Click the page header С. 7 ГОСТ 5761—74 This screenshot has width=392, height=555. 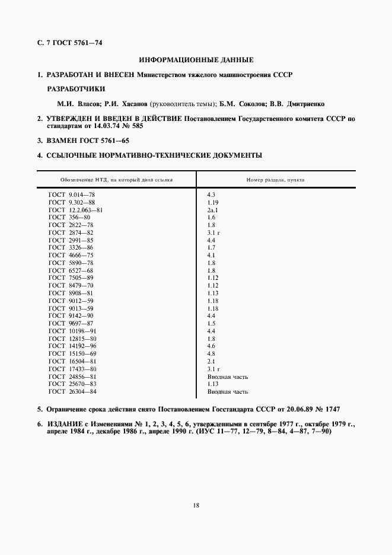point(71,43)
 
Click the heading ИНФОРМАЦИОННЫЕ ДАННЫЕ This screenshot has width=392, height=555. point(196,60)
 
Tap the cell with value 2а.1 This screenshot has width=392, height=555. point(213,210)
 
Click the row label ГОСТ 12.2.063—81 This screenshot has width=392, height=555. point(76,210)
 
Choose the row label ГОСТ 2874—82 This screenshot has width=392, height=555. point(71,232)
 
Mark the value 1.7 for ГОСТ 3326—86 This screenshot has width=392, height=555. point(211,247)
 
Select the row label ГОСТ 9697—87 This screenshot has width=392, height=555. point(71,323)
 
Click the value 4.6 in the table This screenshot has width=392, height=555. point(211,346)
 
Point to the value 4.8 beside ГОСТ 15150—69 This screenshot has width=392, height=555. point(211,353)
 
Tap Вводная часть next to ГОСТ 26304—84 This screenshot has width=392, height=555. point(227,391)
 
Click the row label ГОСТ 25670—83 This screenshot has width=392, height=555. point(72,384)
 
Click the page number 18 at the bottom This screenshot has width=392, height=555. point(196,505)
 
